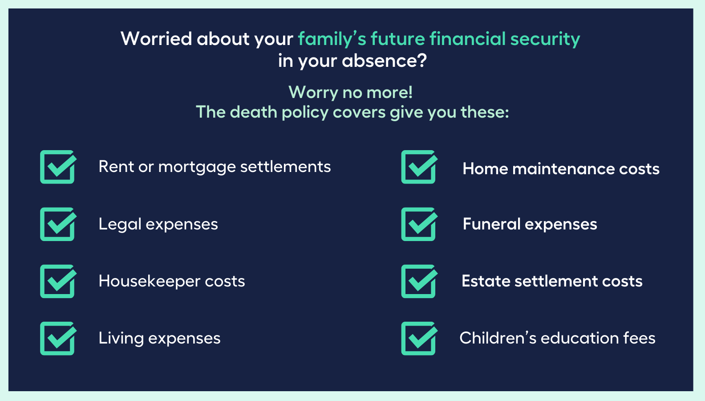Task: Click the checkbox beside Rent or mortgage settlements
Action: pyautogui.click(x=57, y=167)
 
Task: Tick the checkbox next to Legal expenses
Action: pyautogui.click(x=57, y=224)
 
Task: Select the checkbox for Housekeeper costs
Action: pyautogui.click(x=57, y=282)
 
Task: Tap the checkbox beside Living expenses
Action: pyautogui.click(x=57, y=339)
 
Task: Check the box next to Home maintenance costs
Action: pyautogui.click(x=418, y=167)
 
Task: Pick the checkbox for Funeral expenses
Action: pyautogui.click(x=418, y=224)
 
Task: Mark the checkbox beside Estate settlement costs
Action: pyautogui.click(x=418, y=282)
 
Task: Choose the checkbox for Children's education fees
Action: pyautogui.click(x=418, y=339)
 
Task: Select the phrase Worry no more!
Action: pyautogui.click(x=351, y=93)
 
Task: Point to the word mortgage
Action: pyautogui.click(x=197, y=167)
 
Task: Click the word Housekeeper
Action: pyautogui.click(x=150, y=281)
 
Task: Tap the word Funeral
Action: pyautogui.click(x=491, y=224)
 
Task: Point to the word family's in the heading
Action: pyautogui.click(x=332, y=39)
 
